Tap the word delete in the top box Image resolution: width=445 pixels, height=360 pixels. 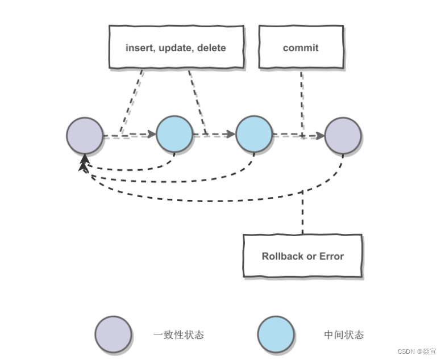pos(211,48)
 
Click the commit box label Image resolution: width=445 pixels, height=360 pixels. pos(301,48)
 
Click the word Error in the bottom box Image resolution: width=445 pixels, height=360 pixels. pos(331,256)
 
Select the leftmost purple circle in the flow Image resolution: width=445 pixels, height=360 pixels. pos(85,136)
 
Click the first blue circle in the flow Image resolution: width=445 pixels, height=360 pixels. pos(174,134)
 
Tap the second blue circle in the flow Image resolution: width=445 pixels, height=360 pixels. pos(254,134)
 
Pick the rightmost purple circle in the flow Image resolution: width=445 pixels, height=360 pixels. pos(343,136)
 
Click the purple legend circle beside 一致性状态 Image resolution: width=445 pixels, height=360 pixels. pos(113,334)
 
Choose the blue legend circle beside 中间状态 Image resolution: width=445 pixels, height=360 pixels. pos(276,334)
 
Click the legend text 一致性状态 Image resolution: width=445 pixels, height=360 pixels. pos(178,335)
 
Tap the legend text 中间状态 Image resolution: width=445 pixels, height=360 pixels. pos(344,335)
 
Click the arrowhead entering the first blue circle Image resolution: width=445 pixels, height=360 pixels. pos(152,134)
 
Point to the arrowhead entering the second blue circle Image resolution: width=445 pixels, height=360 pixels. pos(231,134)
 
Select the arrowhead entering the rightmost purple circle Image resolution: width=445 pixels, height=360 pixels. pos(321,136)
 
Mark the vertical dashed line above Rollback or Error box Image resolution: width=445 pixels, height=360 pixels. pos(302,212)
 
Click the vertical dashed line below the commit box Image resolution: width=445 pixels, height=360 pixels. pos(302,104)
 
